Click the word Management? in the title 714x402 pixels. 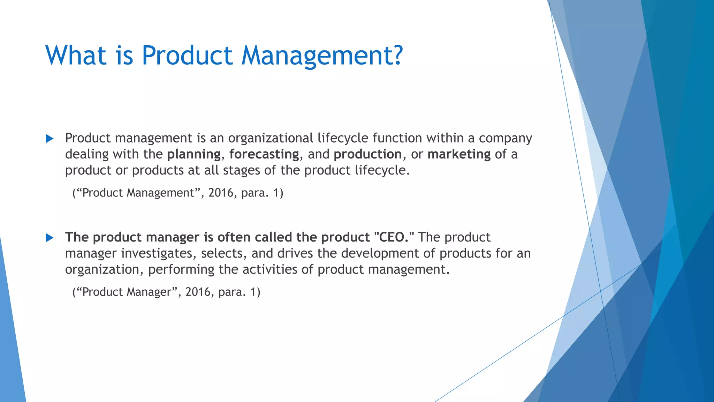[x=322, y=56]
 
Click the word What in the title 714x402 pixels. [x=76, y=56]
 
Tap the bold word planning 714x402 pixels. [x=194, y=154]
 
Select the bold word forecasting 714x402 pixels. [x=264, y=154]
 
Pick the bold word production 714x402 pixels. [x=367, y=154]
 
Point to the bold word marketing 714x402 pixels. [x=459, y=154]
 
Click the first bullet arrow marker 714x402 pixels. [x=50, y=139]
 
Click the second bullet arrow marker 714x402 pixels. [x=50, y=238]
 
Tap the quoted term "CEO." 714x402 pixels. [x=394, y=237]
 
